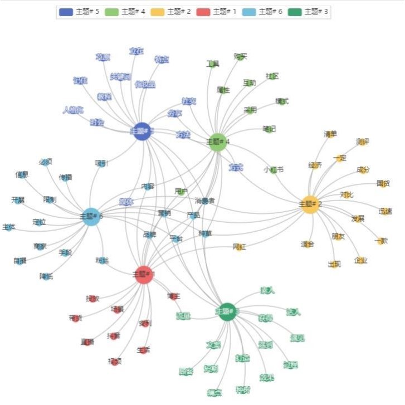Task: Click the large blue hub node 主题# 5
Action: (143, 131)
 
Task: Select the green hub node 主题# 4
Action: (218, 141)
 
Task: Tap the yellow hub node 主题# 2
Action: (309, 204)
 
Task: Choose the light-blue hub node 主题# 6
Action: (91, 216)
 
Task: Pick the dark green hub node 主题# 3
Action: (227, 311)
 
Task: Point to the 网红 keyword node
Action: (239, 247)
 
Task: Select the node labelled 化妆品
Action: (145, 85)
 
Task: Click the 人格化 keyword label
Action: (73, 110)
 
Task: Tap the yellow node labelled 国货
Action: (383, 183)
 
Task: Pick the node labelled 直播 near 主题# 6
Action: (20, 261)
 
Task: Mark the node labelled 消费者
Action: (204, 200)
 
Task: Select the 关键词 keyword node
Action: (120, 76)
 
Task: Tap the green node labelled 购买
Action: (240, 56)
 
